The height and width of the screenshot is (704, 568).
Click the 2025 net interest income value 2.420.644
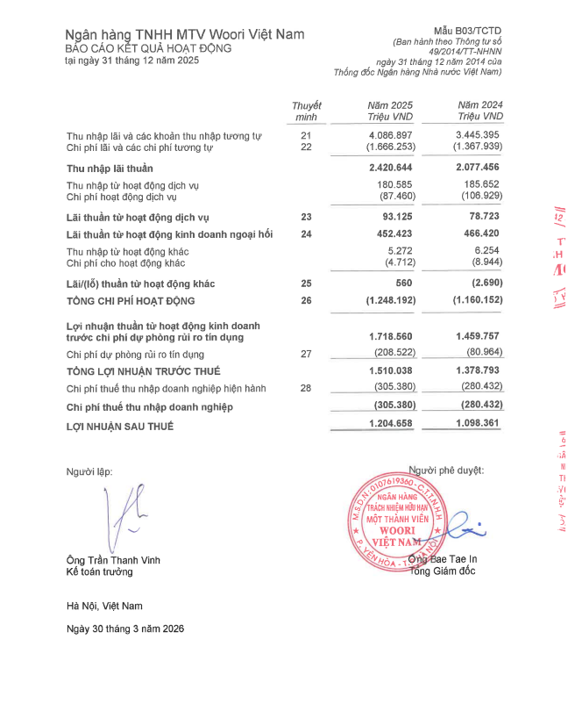(390, 167)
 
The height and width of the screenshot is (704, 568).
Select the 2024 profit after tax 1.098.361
(478, 425)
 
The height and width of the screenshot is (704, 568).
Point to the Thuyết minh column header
(306, 111)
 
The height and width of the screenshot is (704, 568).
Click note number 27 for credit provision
(306, 354)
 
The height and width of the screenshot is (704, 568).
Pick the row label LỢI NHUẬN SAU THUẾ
(120, 426)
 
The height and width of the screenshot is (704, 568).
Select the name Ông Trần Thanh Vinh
(113, 560)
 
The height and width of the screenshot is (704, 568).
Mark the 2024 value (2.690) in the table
(483, 284)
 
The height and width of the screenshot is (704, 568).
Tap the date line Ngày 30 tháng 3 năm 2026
(125, 629)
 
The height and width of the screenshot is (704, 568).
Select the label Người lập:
(89, 471)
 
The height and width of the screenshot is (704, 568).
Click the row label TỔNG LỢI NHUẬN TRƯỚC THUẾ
(144, 371)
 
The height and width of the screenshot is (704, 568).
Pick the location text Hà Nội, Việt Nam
(104, 606)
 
